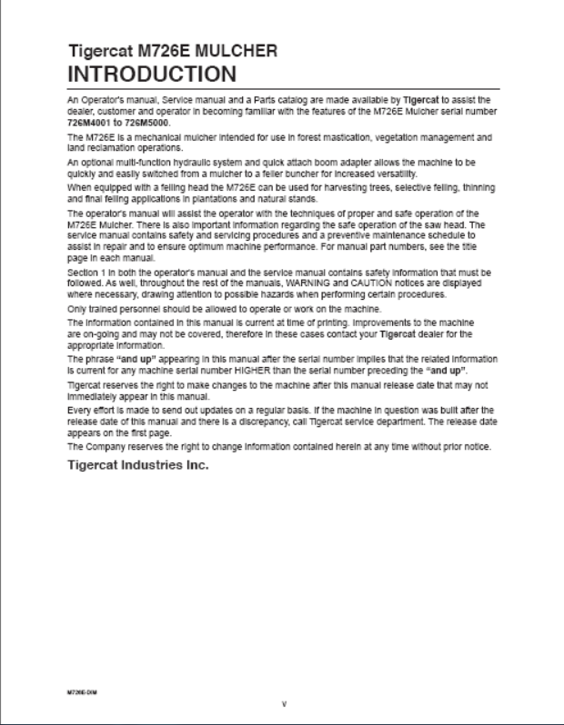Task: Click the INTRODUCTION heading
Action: (x=152, y=73)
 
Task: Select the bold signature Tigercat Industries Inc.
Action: (x=138, y=465)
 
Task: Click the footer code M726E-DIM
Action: (x=82, y=691)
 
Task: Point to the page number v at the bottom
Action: (x=284, y=703)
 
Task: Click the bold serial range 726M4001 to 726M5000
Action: (x=118, y=122)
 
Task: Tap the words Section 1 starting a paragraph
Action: (x=88, y=273)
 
